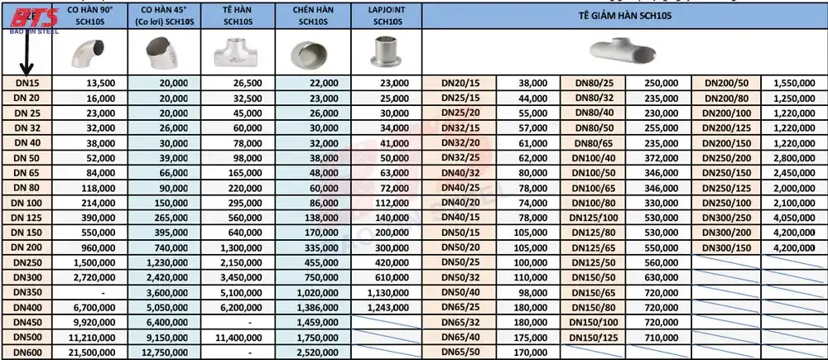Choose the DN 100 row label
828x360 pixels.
point(27,203)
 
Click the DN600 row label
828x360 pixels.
point(27,353)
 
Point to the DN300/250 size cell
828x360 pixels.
point(729,218)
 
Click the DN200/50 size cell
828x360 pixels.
point(729,83)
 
